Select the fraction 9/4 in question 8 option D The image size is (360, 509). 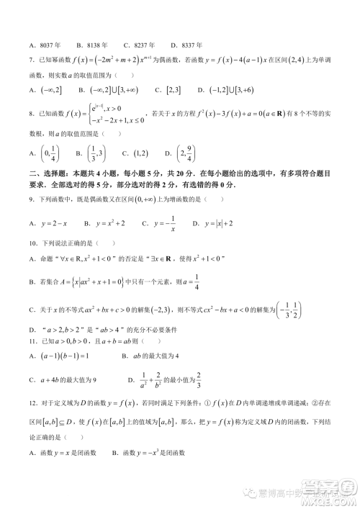point(189,153)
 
